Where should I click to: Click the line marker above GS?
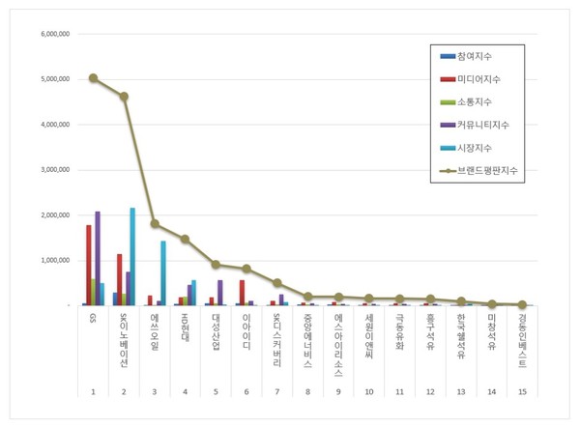(93, 77)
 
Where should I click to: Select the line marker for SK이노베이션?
(124, 96)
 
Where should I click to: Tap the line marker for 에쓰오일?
(155, 223)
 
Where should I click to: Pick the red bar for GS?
(88, 265)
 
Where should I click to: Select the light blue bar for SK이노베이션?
(132, 256)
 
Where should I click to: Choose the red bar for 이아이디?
(242, 293)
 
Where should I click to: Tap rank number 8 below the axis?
(307, 392)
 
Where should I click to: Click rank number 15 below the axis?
(523, 392)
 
